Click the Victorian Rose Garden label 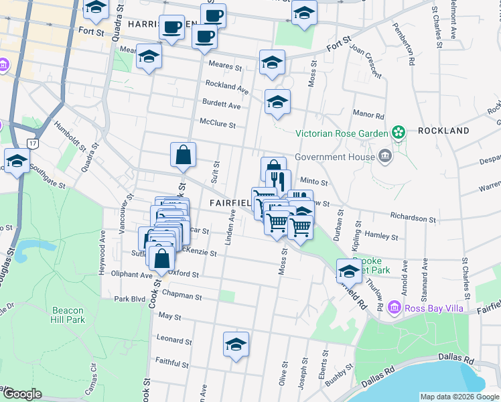tap(342, 131)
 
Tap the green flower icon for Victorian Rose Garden tap(399, 131)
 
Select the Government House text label tap(333, 157)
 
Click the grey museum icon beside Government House tap(385, 157)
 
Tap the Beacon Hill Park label tap(67, 315)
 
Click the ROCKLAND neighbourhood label tap(443, 131)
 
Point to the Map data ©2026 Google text tap(459, 397)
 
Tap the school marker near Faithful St tap(236, 344)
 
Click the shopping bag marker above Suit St tap(183, 155)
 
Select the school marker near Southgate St tap(17, 161)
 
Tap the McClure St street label tap(218, 124)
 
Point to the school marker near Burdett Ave tap(277, 103)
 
